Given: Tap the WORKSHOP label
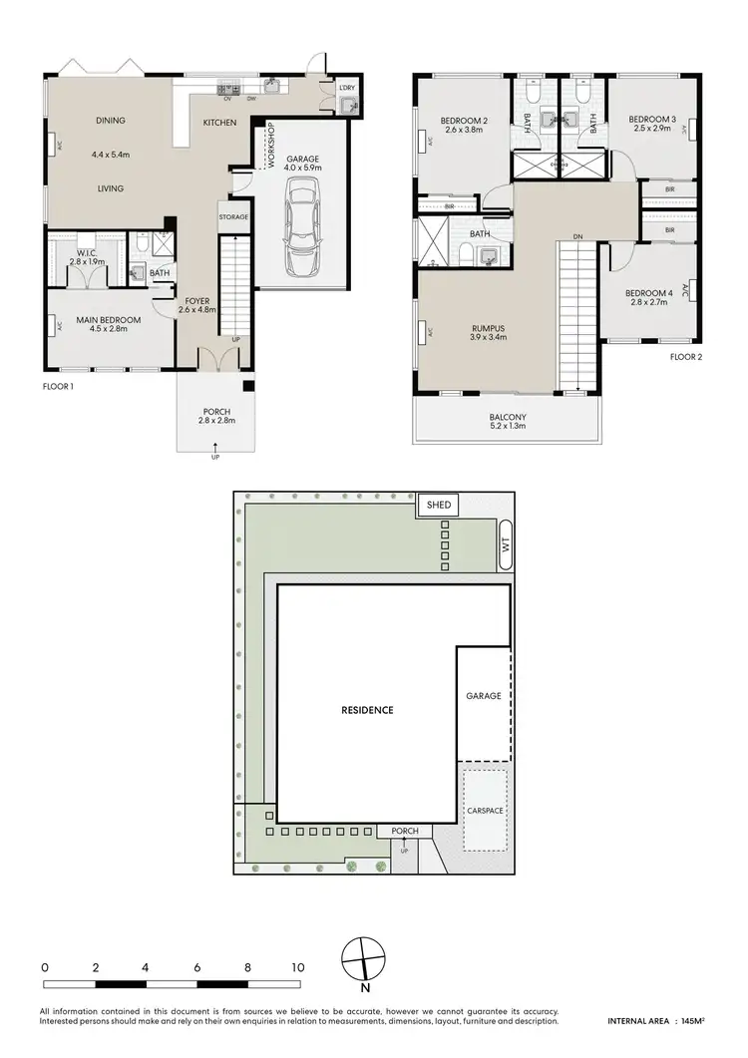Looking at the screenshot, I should pos(269,146).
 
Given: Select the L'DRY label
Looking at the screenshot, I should pos(346,88).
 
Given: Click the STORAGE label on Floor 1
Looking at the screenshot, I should pos(233,216).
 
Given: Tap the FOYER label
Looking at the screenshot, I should pos(195,300).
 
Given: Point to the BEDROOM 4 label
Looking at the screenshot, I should pos(646,293).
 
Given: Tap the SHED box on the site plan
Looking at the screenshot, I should pos(439,505).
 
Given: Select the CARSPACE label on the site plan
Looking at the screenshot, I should pos(485,811).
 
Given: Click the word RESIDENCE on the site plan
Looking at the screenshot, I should pos(368,710).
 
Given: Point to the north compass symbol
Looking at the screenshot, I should pos(363,961).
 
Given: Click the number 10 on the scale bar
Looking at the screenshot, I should pos(297,967).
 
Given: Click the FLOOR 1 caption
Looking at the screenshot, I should pos(59,385).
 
